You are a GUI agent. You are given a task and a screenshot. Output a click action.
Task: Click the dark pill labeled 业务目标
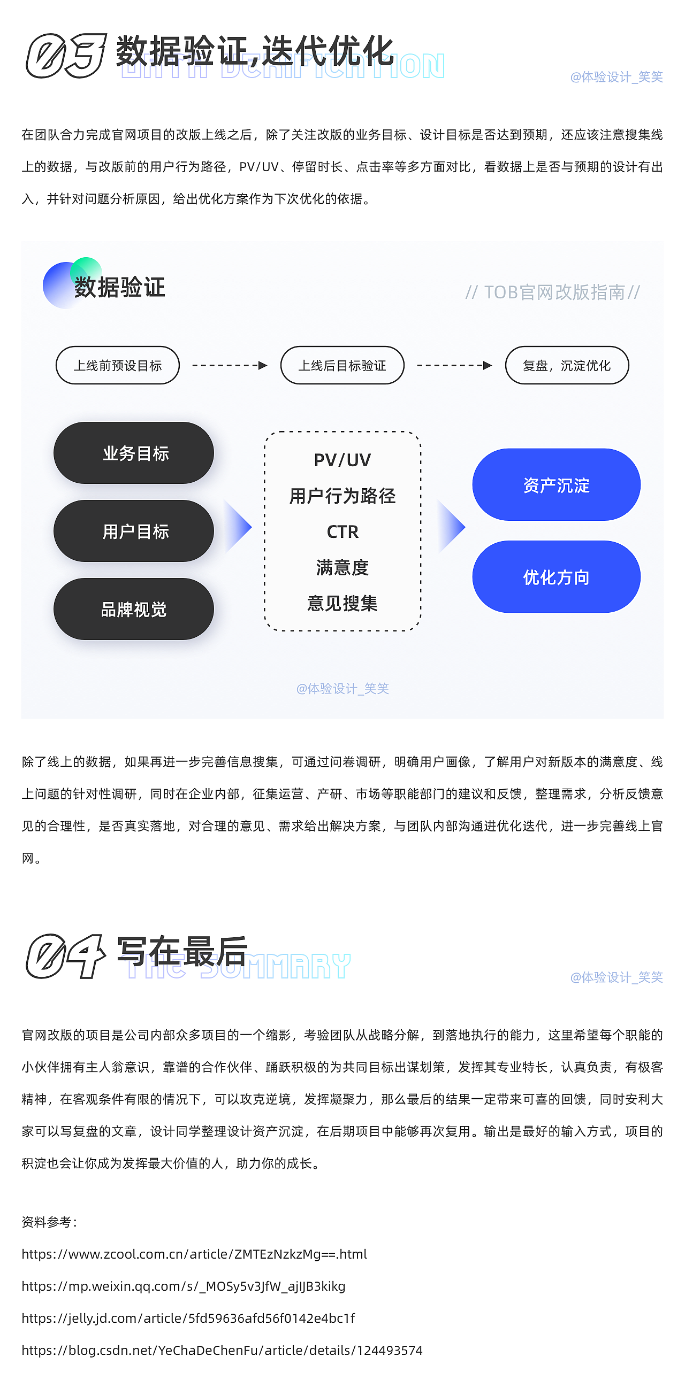pyautogui.click(x=133, y=453)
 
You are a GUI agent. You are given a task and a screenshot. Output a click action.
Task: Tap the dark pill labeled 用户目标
pyautogui.click(x=133, y=531)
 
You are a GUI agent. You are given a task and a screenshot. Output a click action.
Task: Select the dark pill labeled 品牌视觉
pyautogui.click(x=133, y=609)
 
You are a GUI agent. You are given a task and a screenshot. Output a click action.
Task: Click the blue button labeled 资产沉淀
pyautogui.click(x=556, y=485)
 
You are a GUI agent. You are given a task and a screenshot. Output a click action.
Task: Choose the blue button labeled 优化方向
pyautogui.click(x=556, y=577)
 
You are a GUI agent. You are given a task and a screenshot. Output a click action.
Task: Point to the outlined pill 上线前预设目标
pyautogui.click(x=117, y=365)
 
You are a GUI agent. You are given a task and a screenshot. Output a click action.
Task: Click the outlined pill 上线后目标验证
pyautogui.click(x=342, y=365)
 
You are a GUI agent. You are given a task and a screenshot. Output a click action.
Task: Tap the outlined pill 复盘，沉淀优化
pyautogui.click(x=567, y=365)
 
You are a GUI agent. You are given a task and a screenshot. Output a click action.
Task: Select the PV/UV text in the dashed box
pyautogui.click(x=342, y=460)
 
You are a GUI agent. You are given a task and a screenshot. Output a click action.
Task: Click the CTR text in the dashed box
pyautogui.click(x=342, y=531)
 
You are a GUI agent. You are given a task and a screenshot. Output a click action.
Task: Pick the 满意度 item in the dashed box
pyautogui.click(x=342, y=567)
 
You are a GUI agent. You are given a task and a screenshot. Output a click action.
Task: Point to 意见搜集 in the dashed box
pyautogui.click(x=342, y=603)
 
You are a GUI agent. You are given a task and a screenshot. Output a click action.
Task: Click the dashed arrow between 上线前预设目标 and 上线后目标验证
pyautogui.click(x=230, y=365)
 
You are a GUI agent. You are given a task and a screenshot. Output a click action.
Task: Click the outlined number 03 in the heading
pyautogui.click(x=66, y=56)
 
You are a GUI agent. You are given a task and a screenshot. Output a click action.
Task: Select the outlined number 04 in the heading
pyautogui.click(x=66, y=956)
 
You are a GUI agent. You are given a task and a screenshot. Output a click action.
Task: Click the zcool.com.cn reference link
pyautogui.click(x=194, y=1254)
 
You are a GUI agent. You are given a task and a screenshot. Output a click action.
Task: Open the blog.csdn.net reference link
pyautogui.click(x=222, y=1351)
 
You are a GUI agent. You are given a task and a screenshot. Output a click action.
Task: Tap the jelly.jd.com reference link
pyautogui.click(x=188, y=1319)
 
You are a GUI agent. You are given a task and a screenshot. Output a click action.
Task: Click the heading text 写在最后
pyautogui.click(x=182, y=951)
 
